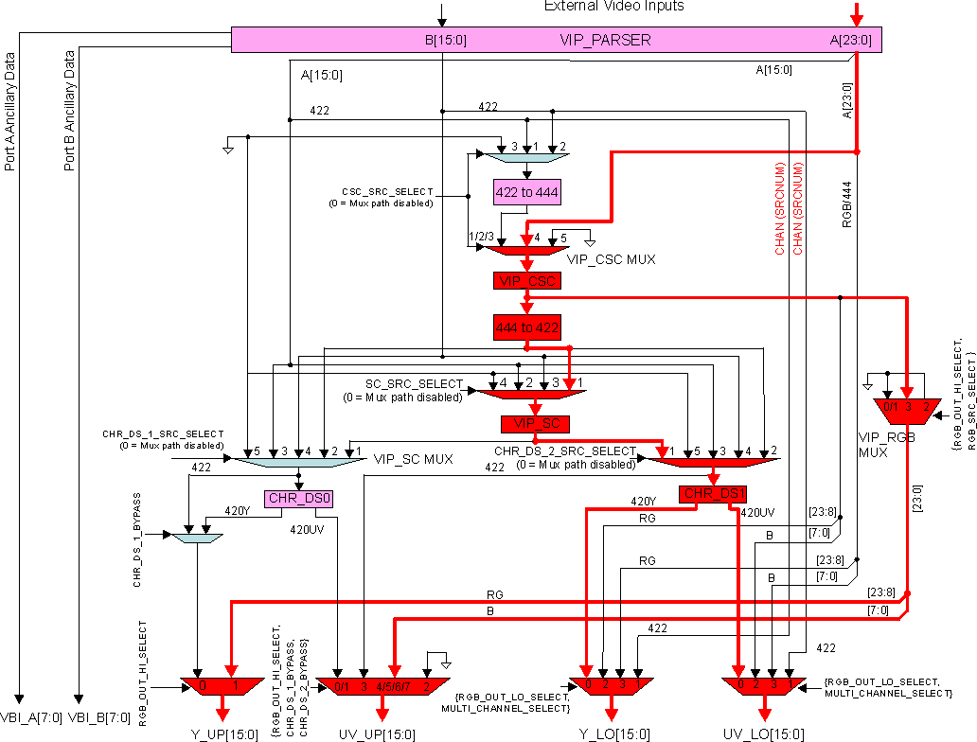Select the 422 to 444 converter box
click(526, 192)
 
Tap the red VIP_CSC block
click(526, 280)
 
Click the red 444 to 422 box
click(526, 327)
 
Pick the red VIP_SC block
click(535, 422)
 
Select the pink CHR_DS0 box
click(299, 498)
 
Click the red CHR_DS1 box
click(714, 493)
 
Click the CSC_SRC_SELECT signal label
click(387, 191)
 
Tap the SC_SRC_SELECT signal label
click(414, 384)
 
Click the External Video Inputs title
click(613, 7)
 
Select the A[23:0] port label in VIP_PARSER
click(850, 41)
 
